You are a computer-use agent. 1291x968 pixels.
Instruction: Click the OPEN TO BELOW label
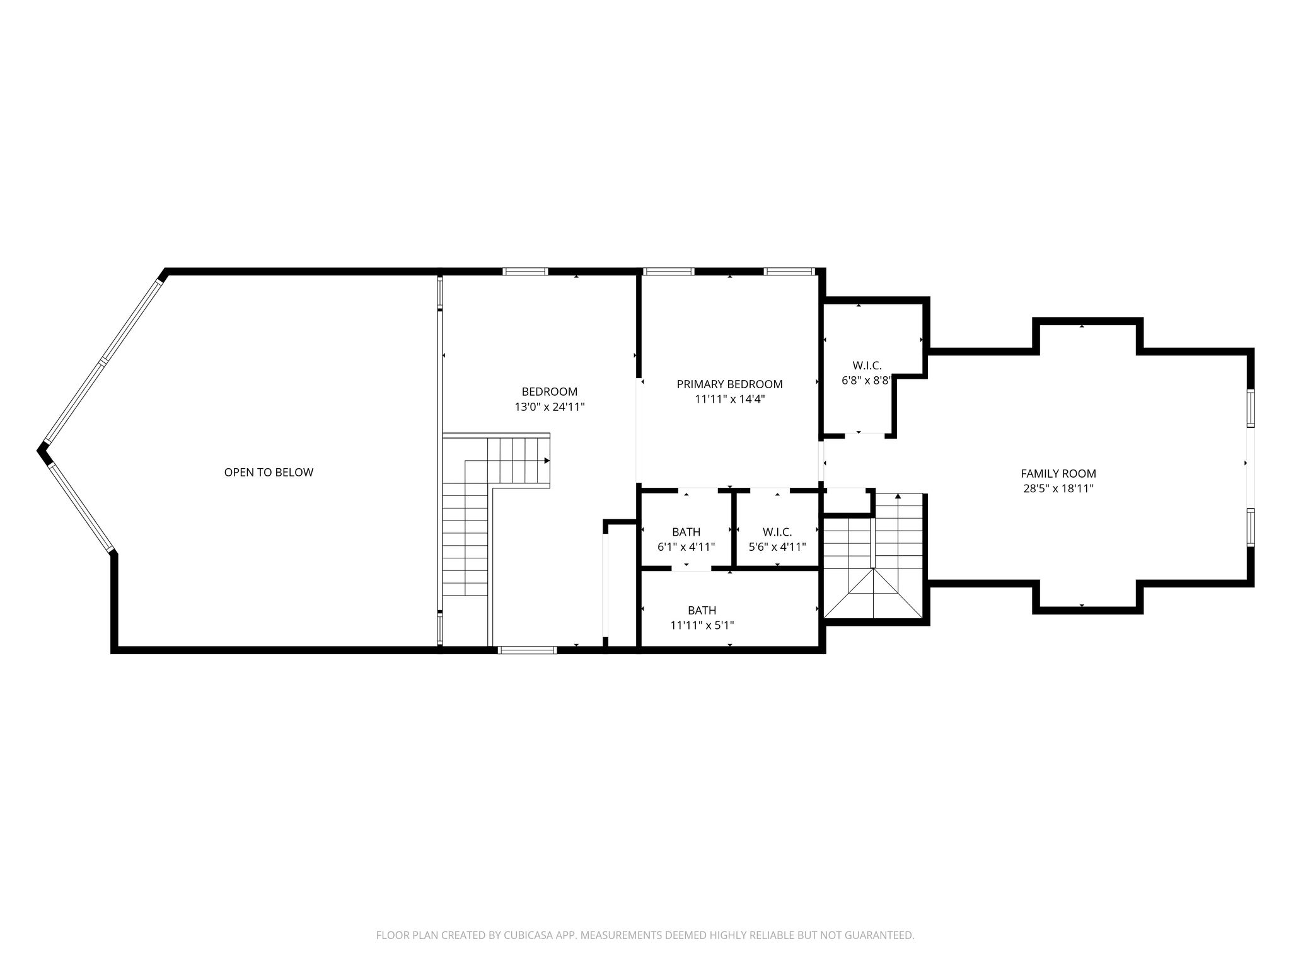point(269,472)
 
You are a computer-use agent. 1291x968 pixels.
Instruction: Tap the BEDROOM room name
point(550,391)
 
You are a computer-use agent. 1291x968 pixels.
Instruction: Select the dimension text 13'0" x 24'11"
point(550,407)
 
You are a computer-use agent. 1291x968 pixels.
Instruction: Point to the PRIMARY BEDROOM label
point(729,384)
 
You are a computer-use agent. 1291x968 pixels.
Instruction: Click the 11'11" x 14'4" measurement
point(730,399)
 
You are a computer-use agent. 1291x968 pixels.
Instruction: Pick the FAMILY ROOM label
point(1058,473)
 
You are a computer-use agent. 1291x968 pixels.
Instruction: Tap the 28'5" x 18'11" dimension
point(1058,488)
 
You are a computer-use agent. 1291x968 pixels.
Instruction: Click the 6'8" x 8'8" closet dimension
point(867,381)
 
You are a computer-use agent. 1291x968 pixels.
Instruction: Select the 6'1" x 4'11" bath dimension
point(686,547)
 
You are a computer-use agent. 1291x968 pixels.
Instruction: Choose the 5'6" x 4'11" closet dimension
point(777,547)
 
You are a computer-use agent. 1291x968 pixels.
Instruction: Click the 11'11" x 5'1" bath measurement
point(702,625)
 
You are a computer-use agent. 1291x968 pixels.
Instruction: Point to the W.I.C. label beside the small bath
point(777,532)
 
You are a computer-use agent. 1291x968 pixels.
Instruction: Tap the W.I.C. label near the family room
point(867,366)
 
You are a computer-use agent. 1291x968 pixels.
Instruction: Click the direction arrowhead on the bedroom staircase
point(547,460)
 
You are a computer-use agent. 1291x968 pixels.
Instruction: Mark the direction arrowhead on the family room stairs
point(898,496)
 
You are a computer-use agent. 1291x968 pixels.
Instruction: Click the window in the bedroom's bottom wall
point(527,650)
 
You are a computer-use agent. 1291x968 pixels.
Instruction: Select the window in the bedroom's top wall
point(525,272)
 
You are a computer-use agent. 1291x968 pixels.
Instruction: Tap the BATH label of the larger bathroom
point(702,610)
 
